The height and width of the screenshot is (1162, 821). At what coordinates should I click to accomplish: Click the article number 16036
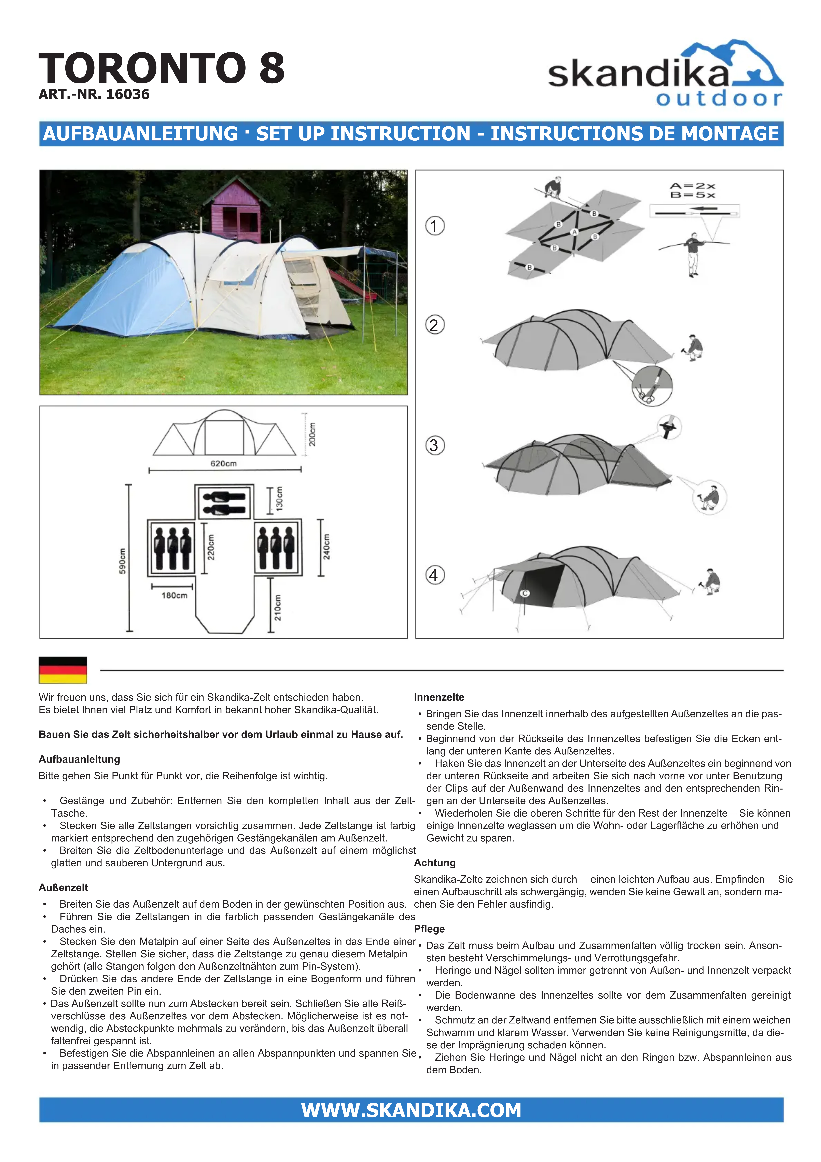click(94, 95)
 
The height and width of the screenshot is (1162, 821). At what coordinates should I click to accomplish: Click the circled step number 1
click(434, 226)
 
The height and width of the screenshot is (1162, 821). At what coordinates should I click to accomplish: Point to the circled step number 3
click(434, 445)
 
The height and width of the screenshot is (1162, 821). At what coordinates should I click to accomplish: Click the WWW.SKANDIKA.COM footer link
click(411, 1110)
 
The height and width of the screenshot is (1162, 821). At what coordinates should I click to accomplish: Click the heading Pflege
click(429, 929)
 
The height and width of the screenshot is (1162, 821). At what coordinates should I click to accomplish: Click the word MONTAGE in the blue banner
click(730, 134)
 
